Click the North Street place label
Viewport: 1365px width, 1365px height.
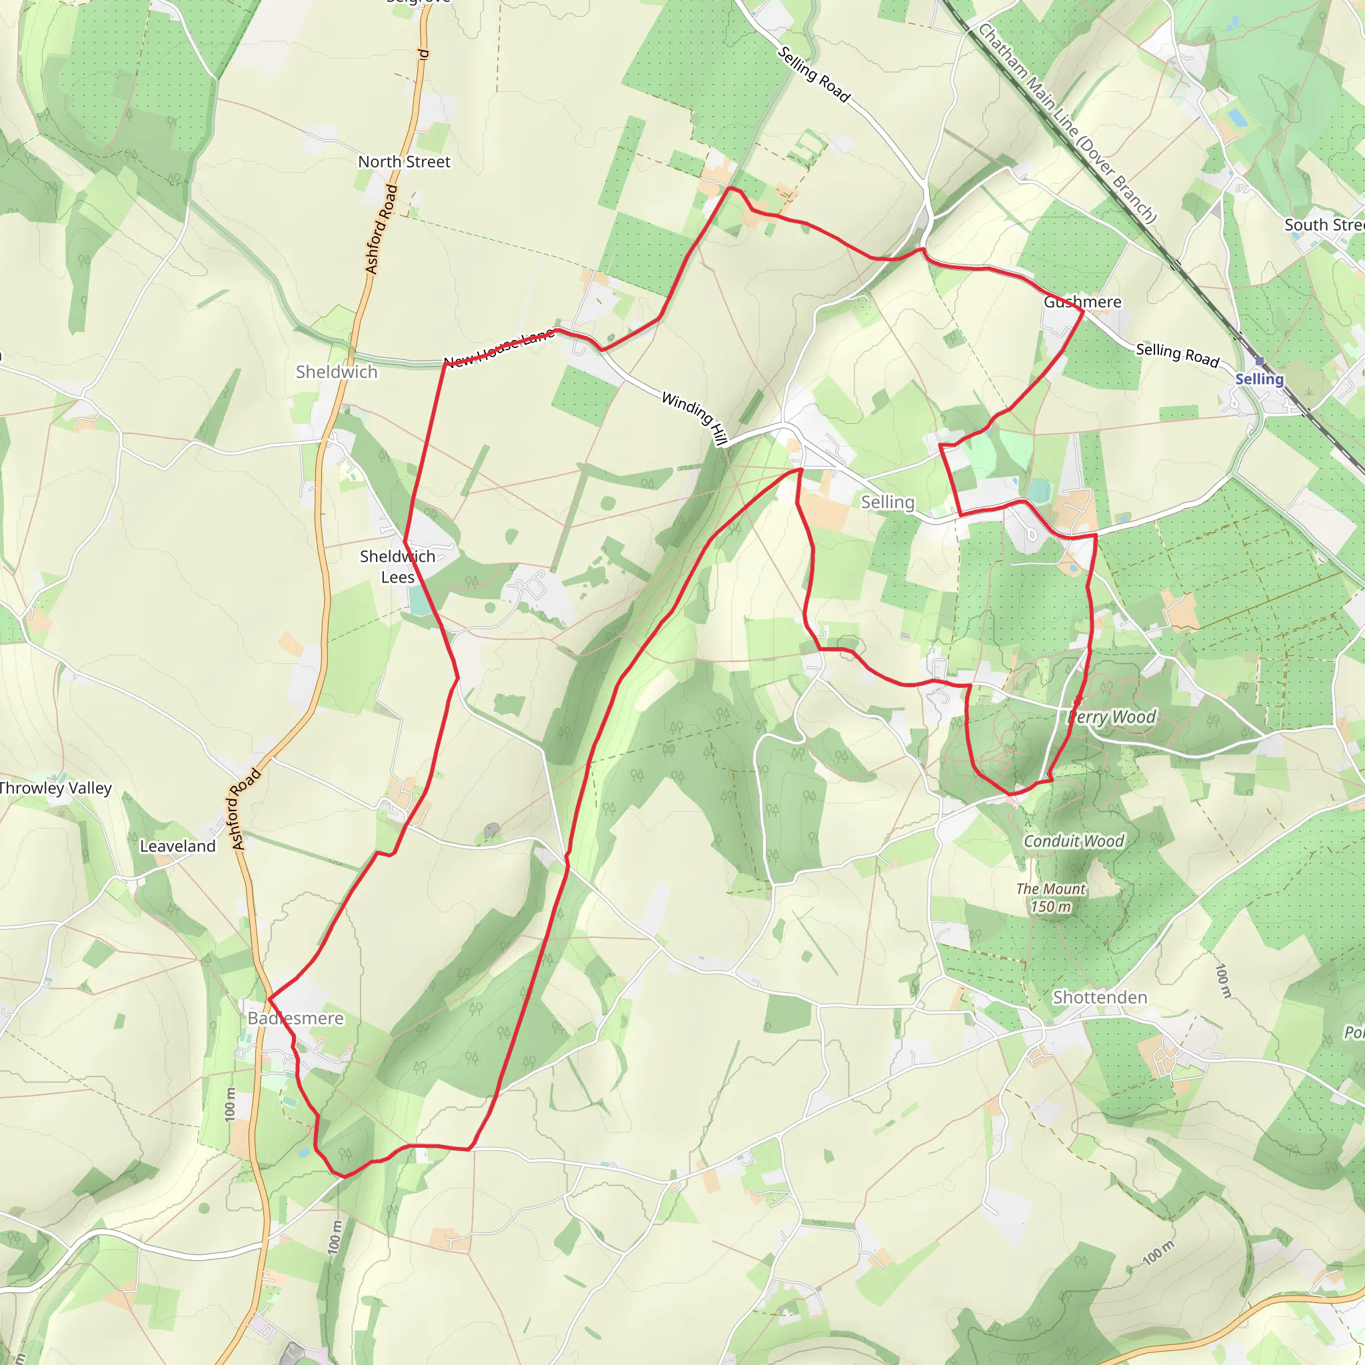coord(403,162)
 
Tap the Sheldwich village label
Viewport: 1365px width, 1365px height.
coord(337,372)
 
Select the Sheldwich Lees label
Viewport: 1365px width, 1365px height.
coord(397,567)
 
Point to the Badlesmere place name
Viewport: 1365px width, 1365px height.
coord(295,1018)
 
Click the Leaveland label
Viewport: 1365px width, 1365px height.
coord(177,846)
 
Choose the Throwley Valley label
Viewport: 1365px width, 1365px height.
coord(55,788)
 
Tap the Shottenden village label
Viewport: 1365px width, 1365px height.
coord(1099,997)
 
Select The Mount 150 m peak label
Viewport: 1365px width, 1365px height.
coord(1050,897)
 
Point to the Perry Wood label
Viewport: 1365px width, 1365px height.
coord(1111,717)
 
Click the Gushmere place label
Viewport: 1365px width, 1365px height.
coord(1082,302)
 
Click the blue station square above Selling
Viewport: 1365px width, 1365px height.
coord(1259,361)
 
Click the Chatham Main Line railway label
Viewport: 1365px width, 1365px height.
coord(1066,122)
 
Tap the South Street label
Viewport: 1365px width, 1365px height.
coord(1323,225)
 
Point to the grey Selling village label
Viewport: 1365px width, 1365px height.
coord(887,502)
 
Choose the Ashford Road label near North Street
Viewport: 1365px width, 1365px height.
coord(381,229)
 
